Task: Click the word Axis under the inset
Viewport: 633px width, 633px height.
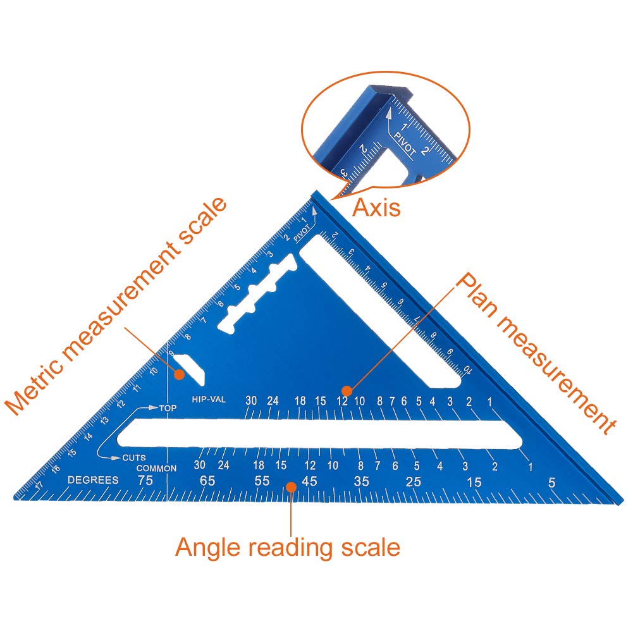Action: tap(376, 207)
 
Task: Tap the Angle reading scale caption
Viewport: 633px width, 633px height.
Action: tap(288, 546)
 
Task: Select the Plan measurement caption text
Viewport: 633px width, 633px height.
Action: tap(536, 354)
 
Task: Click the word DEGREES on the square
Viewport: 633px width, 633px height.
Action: tap(93, 480)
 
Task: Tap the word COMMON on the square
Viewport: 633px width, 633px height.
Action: tap(156, 468)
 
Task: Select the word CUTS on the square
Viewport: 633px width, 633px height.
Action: tap(134, 457)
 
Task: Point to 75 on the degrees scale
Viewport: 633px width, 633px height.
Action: tap(145, 481)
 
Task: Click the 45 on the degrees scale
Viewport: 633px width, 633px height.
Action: tap(309, 481)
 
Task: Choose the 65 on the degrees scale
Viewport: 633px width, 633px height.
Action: tap(207, 481)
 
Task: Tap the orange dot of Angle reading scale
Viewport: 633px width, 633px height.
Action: tap(291, 486)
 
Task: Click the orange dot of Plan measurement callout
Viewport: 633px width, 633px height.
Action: tap(346, 390)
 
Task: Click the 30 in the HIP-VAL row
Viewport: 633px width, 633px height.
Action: tap(252, 400)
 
